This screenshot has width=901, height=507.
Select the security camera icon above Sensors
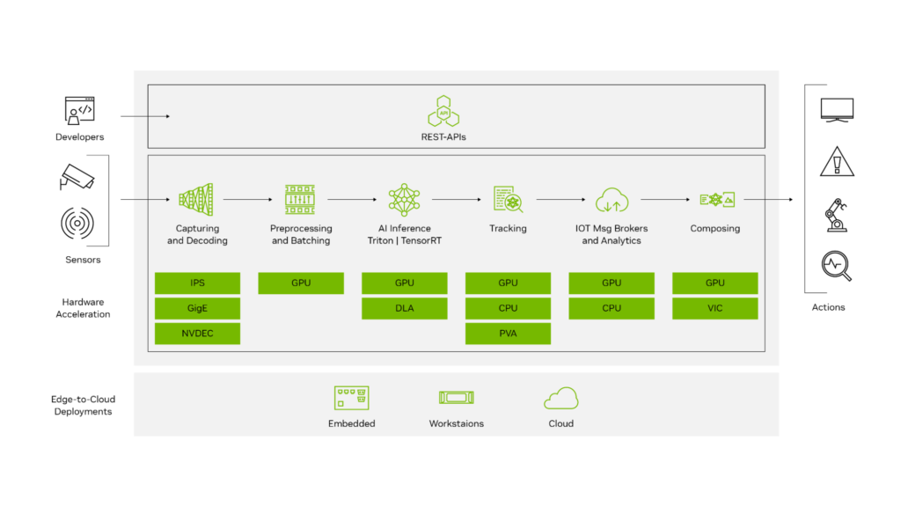pyautogui.click(x=78, y=177)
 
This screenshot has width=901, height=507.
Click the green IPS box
pyautogui.click(x=197, y=283)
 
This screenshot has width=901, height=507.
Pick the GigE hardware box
pyautogui.click(x=197, y=308)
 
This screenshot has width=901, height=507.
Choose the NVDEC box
pyautogui.click(x=197, y=334)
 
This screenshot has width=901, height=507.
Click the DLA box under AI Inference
pyautogui.click(x=404, y=308)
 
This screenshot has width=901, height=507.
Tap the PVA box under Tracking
pyautogui.click(x=508, y=334)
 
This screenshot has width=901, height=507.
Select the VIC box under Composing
pyautogui.click(x=714, y=308)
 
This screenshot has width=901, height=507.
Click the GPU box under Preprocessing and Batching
pyautogui.click(x=300, y=283)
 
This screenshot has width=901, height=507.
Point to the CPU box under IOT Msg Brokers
pyautogui.click(x=612, y=308)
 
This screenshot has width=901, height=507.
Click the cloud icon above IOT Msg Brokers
pyautogui.click(x=612, y=200)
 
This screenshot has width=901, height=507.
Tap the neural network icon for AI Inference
pyautogui.click(x=404, y=200)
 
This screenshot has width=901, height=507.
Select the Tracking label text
pyautogui.click(x=508, y=229)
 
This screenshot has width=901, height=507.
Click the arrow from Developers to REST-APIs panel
pyautogui.click(x=144, y=115)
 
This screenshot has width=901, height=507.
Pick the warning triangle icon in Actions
pyautogui.click(x=836, y=162)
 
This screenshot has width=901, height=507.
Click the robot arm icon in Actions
pyautogui.click(x=836, y=215)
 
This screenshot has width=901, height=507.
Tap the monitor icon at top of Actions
pyautogui.click(x=836, y=110)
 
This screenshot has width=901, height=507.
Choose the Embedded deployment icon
pyautogui.click(x=351, y=398)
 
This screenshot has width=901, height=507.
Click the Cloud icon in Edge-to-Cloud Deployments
pyautogui.click(x=560, y=399)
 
